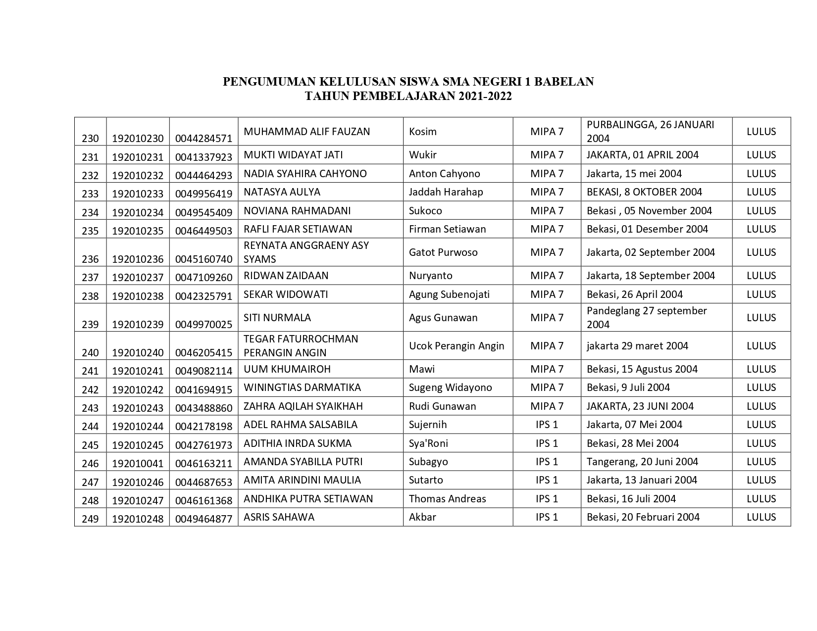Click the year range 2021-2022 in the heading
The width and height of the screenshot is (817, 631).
pyautogui.click(x=485, y=96)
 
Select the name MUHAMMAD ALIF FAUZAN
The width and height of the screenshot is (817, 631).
pyautogui.click(x=307, y=132)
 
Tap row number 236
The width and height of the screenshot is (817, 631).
pyautogui.click(x=90, y=259)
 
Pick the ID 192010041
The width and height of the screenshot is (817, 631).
pyautogui.click(x=138, y=463)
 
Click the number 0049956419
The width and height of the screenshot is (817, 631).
pyautogui.click(x=204, y=194)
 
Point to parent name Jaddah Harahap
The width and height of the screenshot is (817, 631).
pyautogui.click(x=446, y=192)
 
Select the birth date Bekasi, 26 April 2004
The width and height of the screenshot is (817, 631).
pyautogui.click(x=634, y=294)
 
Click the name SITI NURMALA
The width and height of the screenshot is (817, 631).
pyautogui.click(x=277, y=318)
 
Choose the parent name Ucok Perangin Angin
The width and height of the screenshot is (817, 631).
pyautogui.click(x=457, y=346)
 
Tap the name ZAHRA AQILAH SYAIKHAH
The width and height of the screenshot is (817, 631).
pyautogui.click(x=303, y=406)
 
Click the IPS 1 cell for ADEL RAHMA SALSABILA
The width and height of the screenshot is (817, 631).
pyautogui.click(x=547, y=425)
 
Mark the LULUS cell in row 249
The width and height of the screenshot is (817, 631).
pyautogui.click(x=761, y=517)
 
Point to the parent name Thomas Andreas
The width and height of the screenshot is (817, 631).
pyautogui.click(x=447, y=499)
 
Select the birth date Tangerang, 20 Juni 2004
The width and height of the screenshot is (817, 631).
pyautogui.click(x=642, y=462)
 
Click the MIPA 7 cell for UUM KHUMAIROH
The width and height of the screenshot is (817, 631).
pyautogui.click(x=547, y=369)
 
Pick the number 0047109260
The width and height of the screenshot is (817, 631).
pyautogui.click(x=204, y=277)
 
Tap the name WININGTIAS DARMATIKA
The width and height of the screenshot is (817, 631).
pyautogui.click(x=302, y=388)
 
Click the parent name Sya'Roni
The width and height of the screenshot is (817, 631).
pyautogui.click(x=428, y=443)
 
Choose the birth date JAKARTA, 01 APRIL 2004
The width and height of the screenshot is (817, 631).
pyautogui.click(x=642, y=155)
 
